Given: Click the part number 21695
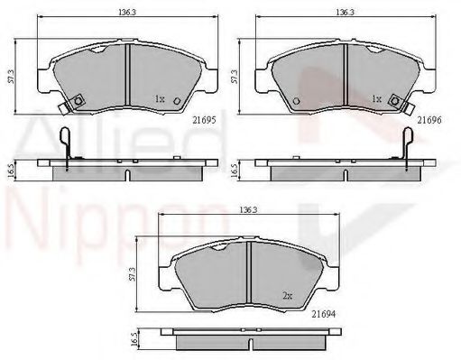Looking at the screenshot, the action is (205, 120).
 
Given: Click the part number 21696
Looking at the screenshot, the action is (429, 120).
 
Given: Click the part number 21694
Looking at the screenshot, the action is (323, 314).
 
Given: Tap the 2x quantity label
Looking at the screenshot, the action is (288, 296).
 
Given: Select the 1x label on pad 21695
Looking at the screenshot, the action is (160, 98).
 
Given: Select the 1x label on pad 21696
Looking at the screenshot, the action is (376, 98).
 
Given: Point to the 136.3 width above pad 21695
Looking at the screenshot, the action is (127, 13).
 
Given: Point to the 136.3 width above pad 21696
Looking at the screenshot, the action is (345, 13).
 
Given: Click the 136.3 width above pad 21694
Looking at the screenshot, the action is (248, 210).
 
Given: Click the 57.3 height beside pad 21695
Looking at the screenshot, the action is (12, 77).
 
